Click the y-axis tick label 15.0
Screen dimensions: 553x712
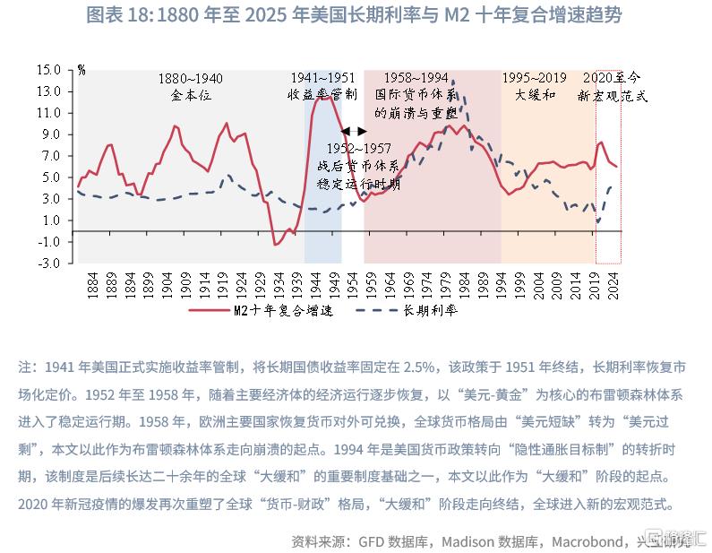tap(49, 69)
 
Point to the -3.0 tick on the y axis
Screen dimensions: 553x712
tap(49, 264)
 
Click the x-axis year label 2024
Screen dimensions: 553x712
tap(613, 286)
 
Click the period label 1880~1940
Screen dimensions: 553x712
tap(190, 78)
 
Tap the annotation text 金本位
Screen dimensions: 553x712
tap(190, 94)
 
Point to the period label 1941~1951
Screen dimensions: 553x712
tap(322, 78)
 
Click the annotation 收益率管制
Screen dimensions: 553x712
tap(322, 94)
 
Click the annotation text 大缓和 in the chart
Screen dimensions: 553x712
tap(537, 94)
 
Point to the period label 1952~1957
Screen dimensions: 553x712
tap(357, 147)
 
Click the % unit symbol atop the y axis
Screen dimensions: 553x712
tap(81, 69)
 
